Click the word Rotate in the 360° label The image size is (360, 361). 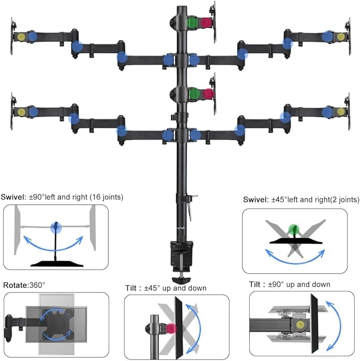(13, 285)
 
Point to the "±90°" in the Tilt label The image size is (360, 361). (280, 285)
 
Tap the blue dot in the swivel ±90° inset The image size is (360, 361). (56, 228)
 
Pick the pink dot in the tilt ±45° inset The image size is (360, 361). (171, 328)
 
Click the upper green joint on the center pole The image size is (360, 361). (194, 23)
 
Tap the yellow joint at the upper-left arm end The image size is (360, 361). (22, 37)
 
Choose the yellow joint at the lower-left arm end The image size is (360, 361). (22, 111)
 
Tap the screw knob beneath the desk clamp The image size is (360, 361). (182, 280)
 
